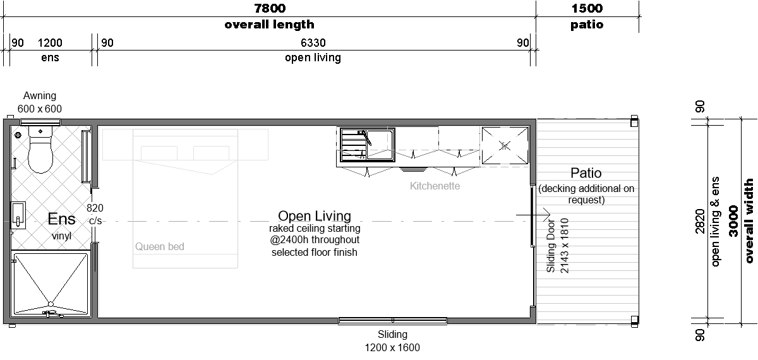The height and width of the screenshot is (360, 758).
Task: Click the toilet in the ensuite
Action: [x=40, y=149]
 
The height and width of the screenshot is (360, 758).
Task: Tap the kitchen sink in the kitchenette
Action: [x=368, y=145]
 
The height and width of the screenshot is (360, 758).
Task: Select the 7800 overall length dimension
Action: [x=270, y=8]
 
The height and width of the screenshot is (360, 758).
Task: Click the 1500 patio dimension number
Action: [x=587, y=8]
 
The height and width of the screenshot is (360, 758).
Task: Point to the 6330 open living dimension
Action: [x=313, y=43]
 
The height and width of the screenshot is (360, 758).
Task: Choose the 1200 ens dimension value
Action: [x=50, y=43]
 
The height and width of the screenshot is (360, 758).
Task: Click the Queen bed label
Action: [x=160, y=247]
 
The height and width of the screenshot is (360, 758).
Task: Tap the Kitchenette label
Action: [x=435, y=186]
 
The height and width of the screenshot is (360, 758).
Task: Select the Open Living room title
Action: [x=315, y=216]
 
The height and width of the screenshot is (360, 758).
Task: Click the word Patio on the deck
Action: [x=586, y=173]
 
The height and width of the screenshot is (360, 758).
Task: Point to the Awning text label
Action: [x=40, y=96]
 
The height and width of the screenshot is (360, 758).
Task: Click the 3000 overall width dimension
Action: [x=733, y=221]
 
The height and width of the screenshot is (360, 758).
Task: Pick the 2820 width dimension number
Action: [x=700, y=221]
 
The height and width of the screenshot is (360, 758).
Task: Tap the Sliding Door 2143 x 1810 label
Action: [x=558, y=246]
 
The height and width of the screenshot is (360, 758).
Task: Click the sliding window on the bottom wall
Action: [x=393, y=320]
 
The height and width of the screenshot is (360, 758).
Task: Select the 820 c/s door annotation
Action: [x=95, y=214]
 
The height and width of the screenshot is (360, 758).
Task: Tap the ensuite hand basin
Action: [x=18, y=215]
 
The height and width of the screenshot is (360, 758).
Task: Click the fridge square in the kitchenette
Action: [x=505, y=145]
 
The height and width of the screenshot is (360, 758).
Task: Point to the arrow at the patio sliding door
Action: [x=533, y=215]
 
